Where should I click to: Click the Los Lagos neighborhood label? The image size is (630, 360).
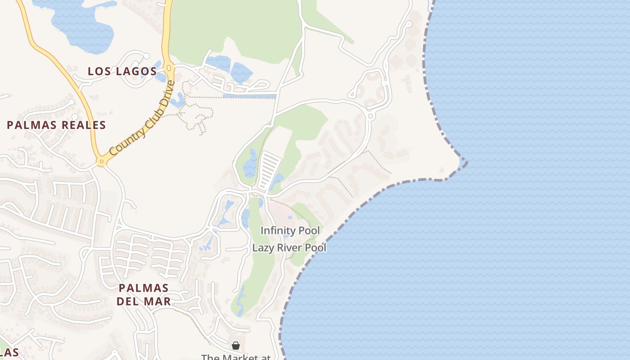[x=122, y=71]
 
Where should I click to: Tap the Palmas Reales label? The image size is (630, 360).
[x=56, y=125]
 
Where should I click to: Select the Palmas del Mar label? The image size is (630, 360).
[x=144, y=294]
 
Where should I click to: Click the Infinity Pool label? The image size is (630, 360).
[x=290, y=231]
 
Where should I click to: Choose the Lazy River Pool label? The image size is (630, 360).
[x=289, y=247]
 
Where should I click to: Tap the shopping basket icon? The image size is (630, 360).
[x=235, y=345]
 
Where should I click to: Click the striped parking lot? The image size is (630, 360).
[x=269, y=171]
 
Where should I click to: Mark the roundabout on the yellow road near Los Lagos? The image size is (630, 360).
[x=169, y=68]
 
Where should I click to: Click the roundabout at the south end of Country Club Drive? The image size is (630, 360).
[x=102, y=162]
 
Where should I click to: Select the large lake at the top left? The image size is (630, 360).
[x=83, y=25]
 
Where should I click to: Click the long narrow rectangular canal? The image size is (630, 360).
[x=249, y=96]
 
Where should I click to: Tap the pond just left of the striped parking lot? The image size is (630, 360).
[x=250, y=164]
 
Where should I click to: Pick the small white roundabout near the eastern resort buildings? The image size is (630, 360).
[x=371, y=116]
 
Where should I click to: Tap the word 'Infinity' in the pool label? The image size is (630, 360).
[x=275, y=231]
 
